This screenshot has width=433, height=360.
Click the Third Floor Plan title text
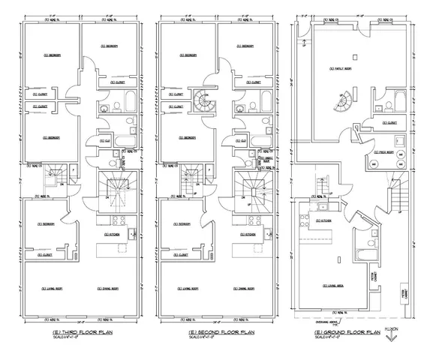coord(73,331)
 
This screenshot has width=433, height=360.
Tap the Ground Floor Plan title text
coord(350,331)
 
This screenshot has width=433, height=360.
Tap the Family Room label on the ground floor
coord(340,70)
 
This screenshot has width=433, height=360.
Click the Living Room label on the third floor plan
coord(50,288)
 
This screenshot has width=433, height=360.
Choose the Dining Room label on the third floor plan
coord(110,288)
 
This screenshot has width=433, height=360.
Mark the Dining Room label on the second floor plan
coord(250,288)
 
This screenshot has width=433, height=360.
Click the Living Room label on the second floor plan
coord(189,288)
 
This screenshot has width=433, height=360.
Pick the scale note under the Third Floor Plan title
coord(68,337)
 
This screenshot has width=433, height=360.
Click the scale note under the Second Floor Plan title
coord(209,337)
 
